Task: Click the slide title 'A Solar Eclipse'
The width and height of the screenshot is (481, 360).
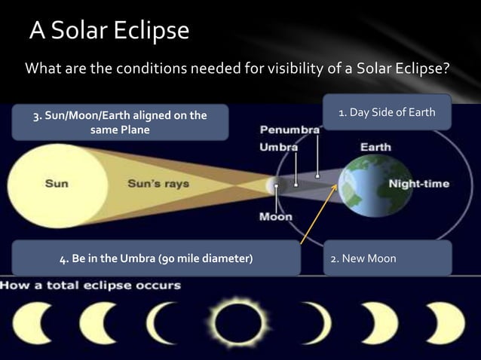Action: click(x=110, y=32)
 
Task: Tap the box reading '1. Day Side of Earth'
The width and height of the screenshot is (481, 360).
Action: click(x=387, y=113)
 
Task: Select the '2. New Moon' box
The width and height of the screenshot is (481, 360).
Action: click(x=387, y=259)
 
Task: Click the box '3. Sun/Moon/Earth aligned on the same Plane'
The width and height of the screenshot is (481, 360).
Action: click(x=120, y=122)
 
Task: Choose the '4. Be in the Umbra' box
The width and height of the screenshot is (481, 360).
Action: click(x=156, y=259)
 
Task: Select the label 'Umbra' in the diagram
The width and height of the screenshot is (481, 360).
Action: click(x=278, y=148)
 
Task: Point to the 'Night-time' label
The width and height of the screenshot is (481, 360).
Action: click(x=419, y=184)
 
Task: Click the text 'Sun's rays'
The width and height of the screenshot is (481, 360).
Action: click(x=158, y=184)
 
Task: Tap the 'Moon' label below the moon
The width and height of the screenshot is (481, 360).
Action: click(x=275, y=217)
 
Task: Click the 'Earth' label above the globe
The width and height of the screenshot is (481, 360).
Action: click(x=375, y=147)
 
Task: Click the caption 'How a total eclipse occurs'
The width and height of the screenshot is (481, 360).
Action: click(x=91, y=285)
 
